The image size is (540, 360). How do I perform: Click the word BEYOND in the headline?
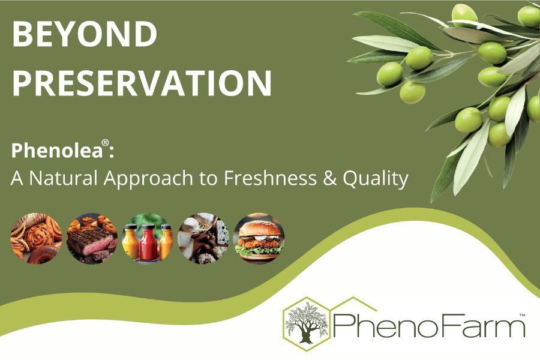[85, 36]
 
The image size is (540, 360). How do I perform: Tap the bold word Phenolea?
[57, 151]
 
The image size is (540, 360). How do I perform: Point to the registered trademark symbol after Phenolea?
[106, 145]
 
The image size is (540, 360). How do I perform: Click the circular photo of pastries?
[36, 238]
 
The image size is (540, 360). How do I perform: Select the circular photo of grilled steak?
[92, 238]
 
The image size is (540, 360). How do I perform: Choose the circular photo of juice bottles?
[148, 238]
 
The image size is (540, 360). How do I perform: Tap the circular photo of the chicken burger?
[259, 238]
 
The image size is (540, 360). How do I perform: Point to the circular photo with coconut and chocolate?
[203, 238]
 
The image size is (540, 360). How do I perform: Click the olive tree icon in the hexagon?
[307, 324]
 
